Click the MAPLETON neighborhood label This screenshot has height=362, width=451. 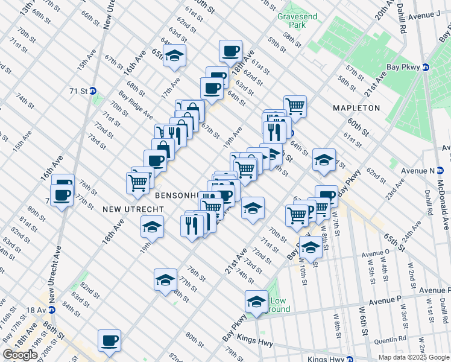pos(356,108)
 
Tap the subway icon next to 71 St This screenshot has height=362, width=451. pos(93,91)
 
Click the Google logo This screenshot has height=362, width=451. pos(20,355)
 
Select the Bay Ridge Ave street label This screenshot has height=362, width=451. pos(136,103)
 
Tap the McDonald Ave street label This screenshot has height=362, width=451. pos(444,214)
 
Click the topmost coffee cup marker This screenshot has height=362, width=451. pos(230,51)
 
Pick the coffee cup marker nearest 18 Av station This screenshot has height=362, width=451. pos(109,340)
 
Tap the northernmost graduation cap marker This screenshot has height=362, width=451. pos(174,56)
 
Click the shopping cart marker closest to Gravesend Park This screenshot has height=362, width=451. pos(295,106)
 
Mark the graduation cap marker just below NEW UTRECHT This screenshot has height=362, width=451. pos(152,227)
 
